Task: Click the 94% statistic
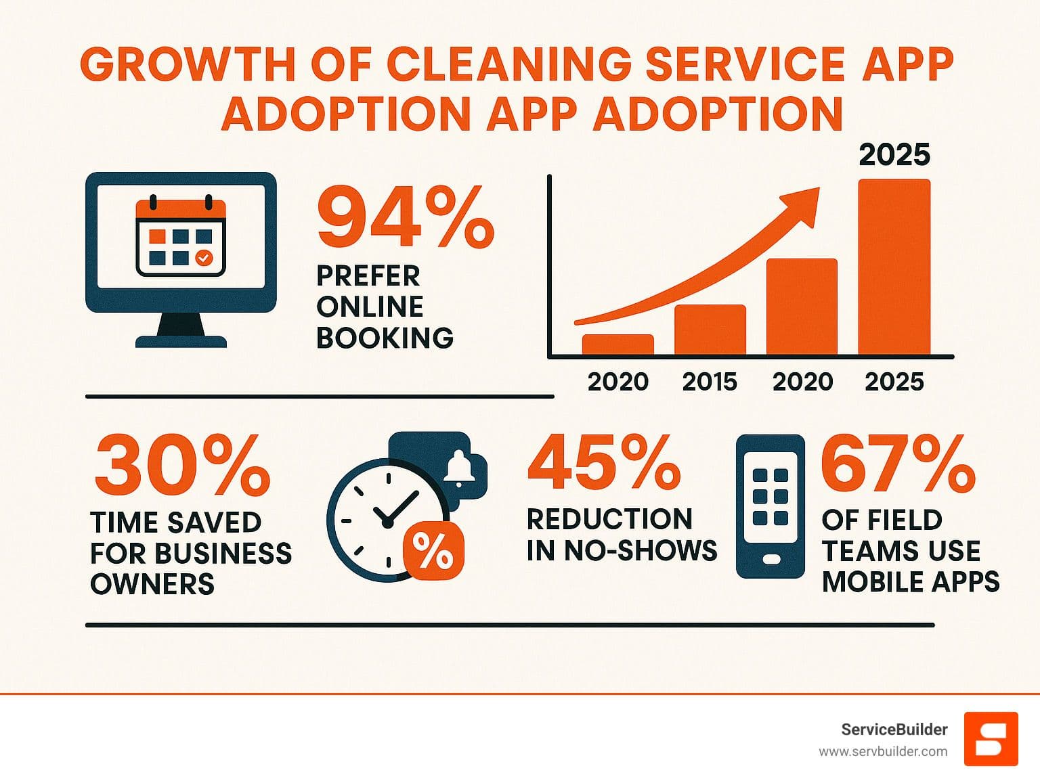click(x=405, y=218)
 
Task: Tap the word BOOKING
click(x=385, y=337)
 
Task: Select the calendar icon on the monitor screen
click(x=181, y=237)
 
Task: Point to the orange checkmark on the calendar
click(x=204, y=258)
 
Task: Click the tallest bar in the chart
click(x=894, y=267)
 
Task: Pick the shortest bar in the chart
click(x=617, y=344)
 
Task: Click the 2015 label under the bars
click(x=710, y=382)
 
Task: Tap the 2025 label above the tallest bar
click(x=894, y=155)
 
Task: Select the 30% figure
click(x=181, y=465)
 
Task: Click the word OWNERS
click(x=152, y=583)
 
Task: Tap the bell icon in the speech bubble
click(x=458, y=467)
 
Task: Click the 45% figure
click(x=603, y=463)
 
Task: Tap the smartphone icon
click(x=770, y=506)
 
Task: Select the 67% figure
click(x=897, y=464)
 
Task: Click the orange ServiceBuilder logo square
click(x=991, y=738)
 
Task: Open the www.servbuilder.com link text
click(x=883, y=751)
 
